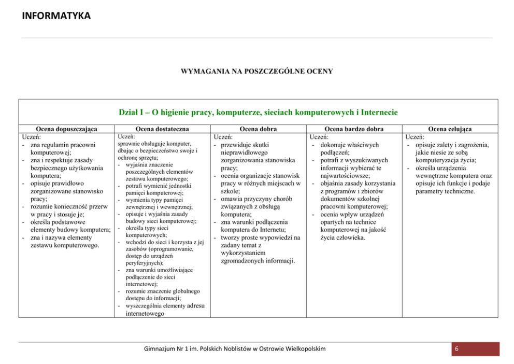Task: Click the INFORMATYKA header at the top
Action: coord(56,16)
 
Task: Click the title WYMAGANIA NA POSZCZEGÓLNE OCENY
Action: coord(256,71)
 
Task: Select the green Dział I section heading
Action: coord(258,112)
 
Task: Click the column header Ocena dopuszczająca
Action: coord(66,129)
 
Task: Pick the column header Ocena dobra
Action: coord(259,129)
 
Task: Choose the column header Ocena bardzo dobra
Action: coord(354,129)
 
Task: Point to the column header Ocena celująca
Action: coord(450,129)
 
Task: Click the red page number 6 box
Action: coord(475,349)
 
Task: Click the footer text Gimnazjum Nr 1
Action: coord(235,348)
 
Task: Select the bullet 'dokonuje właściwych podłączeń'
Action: coord(350,149)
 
